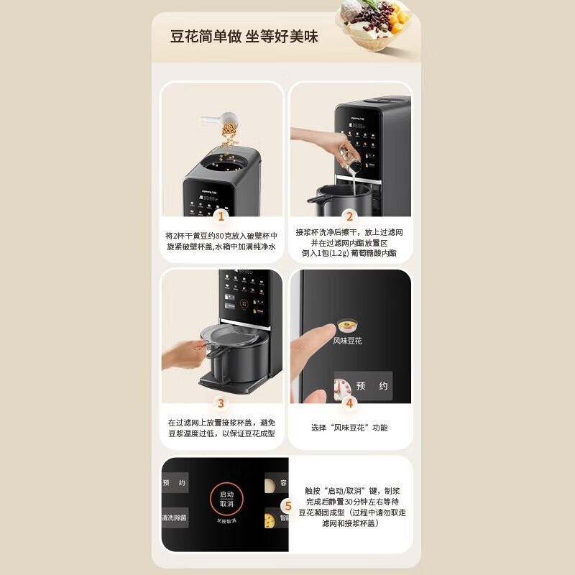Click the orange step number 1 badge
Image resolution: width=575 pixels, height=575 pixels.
tap(221, 216)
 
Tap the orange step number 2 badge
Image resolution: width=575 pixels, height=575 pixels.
tap(350, 216)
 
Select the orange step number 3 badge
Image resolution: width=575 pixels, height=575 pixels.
tap(221, 403)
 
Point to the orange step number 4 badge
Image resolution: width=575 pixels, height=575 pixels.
tap(350, 403)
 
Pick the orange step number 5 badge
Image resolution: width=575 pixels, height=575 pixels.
tap(287, 505)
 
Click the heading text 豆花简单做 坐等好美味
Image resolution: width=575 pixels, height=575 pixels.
tap(244, 36)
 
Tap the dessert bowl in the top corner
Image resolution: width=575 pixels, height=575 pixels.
tap(374, 24)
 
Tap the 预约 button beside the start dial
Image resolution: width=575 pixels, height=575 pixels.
tap(174, 483)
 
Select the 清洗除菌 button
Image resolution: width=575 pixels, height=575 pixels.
tap(174, 517)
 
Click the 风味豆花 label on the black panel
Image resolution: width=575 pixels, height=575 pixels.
tap(348, 341)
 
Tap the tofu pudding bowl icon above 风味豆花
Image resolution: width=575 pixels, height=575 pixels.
tap(348, 323)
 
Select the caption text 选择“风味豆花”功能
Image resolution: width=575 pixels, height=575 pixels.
tap(349, 428)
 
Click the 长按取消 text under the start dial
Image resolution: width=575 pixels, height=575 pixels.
tap(226, 520)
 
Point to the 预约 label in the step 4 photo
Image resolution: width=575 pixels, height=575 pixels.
tap(372, 386)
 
